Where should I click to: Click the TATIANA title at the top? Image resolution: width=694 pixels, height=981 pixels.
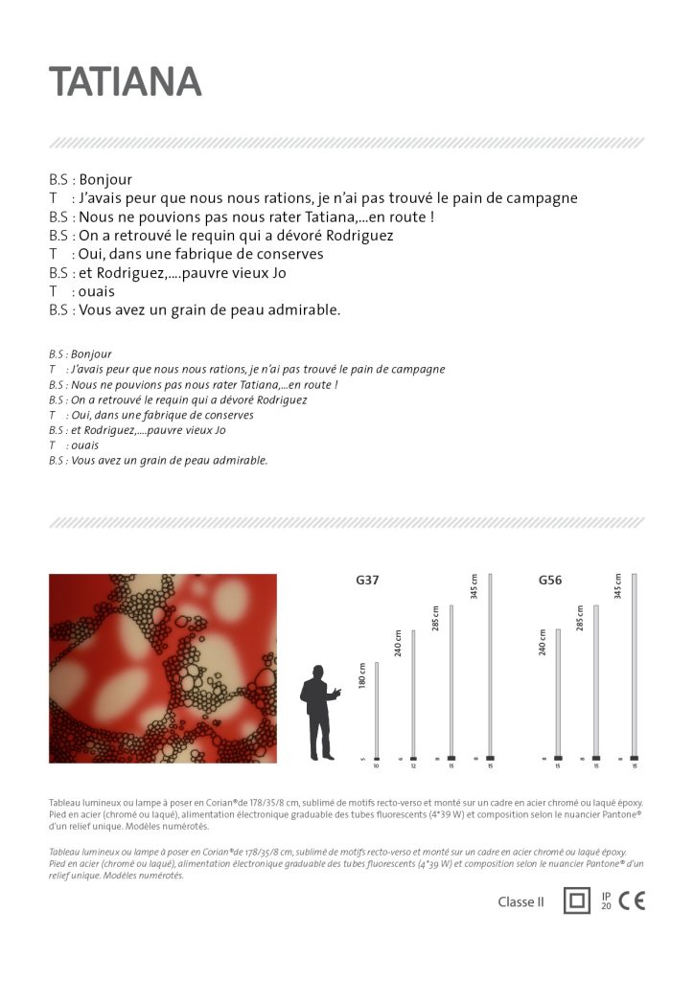pyautogui.click(x=126, y=82)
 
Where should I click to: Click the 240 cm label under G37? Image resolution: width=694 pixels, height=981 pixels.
pyautogui.click(x=399, y=643)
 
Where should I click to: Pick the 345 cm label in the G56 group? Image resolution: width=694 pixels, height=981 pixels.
pyautogui.click(x=618, y=586)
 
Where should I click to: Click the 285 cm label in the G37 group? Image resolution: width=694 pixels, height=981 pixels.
pyautogui.click(x=435, y=618)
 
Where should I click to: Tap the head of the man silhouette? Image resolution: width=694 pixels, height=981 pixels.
pyautogui.click(x=315, y=672)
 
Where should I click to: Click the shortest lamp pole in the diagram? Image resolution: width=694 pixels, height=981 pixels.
pyautogui.click(x=377, y=709)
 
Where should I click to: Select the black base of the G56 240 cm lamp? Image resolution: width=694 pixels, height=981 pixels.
pyautogui.click(x=558, y=758)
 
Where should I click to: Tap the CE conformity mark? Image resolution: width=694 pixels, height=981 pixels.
pyautogui.click(x=632, y=901)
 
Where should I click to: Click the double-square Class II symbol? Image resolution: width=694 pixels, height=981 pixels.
pyautogui.click(x=576, y=901)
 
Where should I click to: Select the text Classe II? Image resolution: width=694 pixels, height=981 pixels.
pyautogui.click(x=520, y=901)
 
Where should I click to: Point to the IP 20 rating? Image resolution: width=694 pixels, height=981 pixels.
pyautogui.click(x=606, y=901)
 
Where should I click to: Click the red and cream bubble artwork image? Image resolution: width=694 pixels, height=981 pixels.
pyautogui.click(x=163, y=668)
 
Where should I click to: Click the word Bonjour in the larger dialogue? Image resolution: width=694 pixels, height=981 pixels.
pyautogui.click(x=105, y=179)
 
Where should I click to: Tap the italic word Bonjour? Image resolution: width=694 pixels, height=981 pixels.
pyautogui.click(x=91, y=354)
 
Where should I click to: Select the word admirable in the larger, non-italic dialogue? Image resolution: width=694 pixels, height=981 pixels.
pyautogui.click(x=307, y=309)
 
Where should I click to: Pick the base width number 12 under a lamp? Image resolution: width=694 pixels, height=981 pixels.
pyautogui.click(x=413, y=766)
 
